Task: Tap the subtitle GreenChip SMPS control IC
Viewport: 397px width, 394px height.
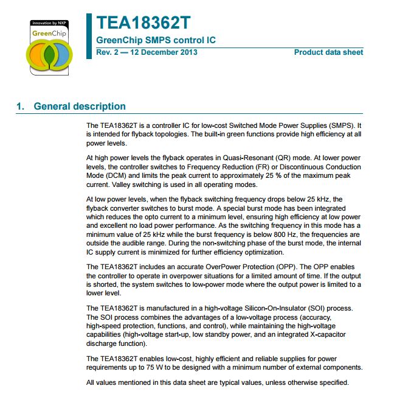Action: coord(156,41)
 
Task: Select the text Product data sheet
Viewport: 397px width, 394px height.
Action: coord(328,52)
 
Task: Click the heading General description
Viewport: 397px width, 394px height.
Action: coord(80,107)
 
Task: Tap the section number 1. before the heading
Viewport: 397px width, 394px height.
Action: coord(21,107)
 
